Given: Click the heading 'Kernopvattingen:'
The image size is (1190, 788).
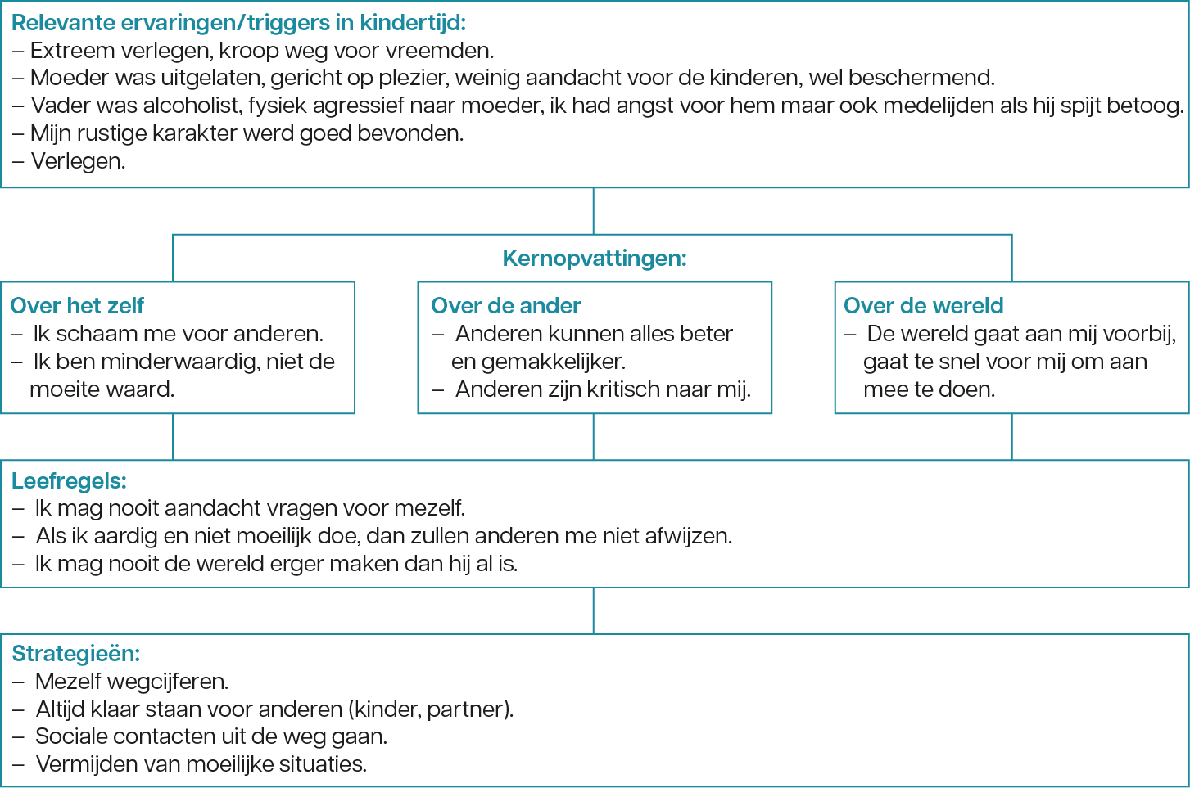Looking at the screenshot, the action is [x=595, y=259].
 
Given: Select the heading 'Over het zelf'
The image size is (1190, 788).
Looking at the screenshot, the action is [x=77, y=306].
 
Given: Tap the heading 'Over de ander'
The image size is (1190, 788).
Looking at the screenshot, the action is [x=506, y=306].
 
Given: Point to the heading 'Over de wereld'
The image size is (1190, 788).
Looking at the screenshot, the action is [x=923, y=306].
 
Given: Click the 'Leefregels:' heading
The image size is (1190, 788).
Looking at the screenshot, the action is [x=69, y=481].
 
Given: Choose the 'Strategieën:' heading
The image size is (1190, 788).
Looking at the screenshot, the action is [x=76, y=653].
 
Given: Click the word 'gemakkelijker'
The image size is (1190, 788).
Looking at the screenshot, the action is [x=553, y=362].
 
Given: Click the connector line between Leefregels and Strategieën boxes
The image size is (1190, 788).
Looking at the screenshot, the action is [x=594, y=610].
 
